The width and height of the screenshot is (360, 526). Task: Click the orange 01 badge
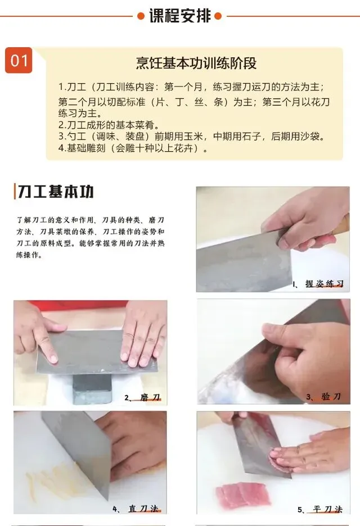click(x=19, y=60)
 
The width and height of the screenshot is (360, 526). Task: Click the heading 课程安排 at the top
click(x=180, y=16)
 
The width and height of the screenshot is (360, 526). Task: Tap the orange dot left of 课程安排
click(x=141, y=16)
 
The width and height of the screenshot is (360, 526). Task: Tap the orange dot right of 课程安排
click(x=218, y=16)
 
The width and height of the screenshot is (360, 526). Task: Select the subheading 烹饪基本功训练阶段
click(x=196, y=63)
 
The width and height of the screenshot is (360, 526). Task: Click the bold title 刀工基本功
click(x=56, y=192)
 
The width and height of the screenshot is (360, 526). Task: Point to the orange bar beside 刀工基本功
click(x=15, y=192)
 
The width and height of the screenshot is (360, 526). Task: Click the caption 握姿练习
click(x=324, y=284)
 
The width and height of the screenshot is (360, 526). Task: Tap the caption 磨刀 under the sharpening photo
click(x=150, y=397)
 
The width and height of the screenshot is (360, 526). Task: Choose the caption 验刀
click(x=331, y=397)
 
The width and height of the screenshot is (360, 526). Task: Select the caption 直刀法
click(x=143, y=509)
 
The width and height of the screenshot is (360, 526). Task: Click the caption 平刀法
click(x=327, y=510)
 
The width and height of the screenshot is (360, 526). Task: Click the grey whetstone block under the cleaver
click(x=92, y=388)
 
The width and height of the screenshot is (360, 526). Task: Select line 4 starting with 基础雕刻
click(x=133, y=148)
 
